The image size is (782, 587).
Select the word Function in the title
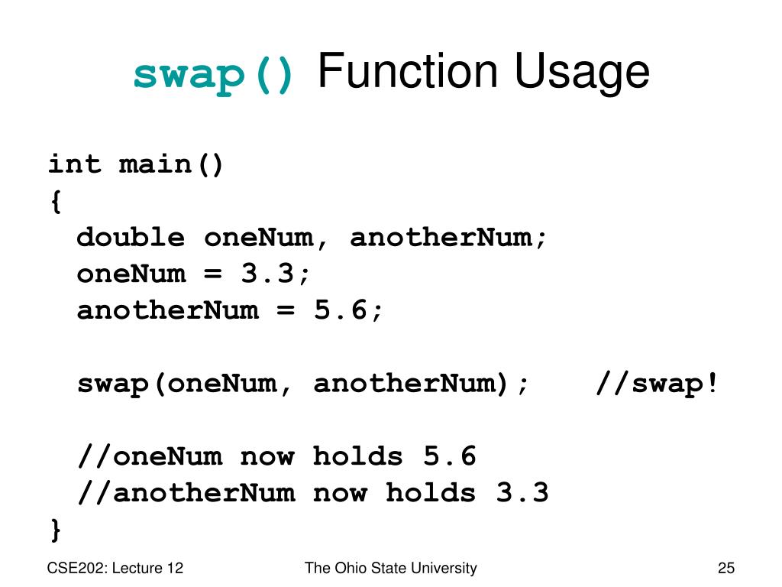[x=406, y=72]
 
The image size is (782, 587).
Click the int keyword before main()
[x=75, y=164]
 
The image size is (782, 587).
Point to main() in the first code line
[x=172, y=164]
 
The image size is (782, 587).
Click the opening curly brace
[x=55, y=201]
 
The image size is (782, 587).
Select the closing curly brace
[x=55, y=528]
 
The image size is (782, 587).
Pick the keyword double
[x=131, y=237]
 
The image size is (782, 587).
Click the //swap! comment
[x=658, y=383]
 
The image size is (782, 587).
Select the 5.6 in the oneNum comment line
[x=450, y=456]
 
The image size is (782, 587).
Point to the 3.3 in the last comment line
[x=522, y=492]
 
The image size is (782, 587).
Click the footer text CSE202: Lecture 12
[x=115, y=568]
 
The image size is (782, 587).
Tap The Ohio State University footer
[x=390, y=568]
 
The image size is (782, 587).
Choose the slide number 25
[x=725, y=568]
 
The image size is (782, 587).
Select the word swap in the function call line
[x=113, y=383]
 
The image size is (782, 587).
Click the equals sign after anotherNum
[x=286, y=310]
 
